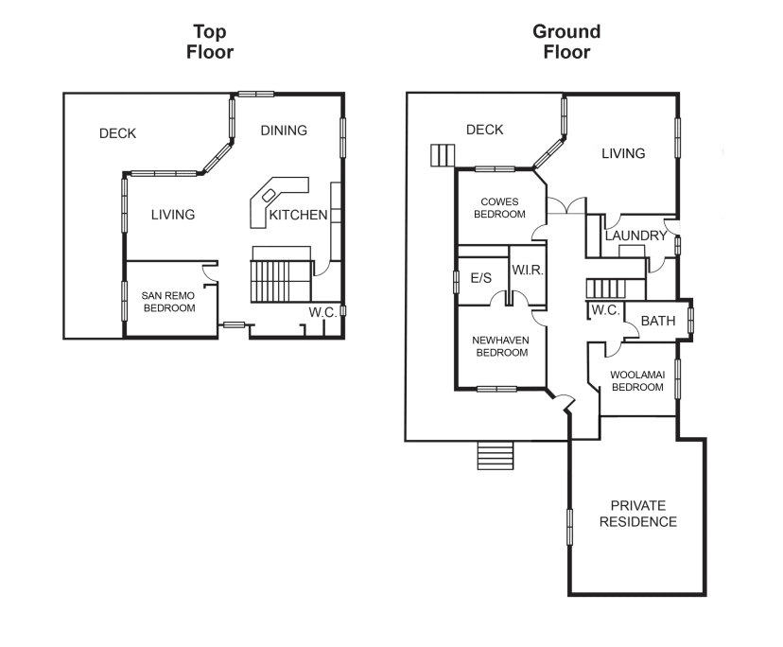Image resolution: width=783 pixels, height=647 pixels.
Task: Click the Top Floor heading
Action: (x=209, y=42)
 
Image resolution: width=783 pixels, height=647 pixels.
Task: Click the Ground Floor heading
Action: (x=566, y=42)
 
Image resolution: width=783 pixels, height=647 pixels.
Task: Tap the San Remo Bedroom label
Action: (x=168, y=302)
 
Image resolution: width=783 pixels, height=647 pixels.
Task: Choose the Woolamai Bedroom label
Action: (x=637, y=381)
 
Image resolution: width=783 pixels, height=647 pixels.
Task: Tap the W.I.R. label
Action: (x=526, y=271)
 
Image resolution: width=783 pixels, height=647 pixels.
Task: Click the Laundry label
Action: (x=635, y=236)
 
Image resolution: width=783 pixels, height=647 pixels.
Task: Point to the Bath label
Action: (x=658, y=322)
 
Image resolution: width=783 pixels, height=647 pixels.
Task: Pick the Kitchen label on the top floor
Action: (x=298, y=216)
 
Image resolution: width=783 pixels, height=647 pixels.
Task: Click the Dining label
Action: (x=284, y=131)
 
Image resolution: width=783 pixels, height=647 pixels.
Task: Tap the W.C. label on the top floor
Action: (x=322, y=312)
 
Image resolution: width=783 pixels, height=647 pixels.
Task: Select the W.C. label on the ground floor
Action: (x=604, y=310)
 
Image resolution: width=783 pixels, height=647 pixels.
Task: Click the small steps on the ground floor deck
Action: (x=442, y=155)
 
